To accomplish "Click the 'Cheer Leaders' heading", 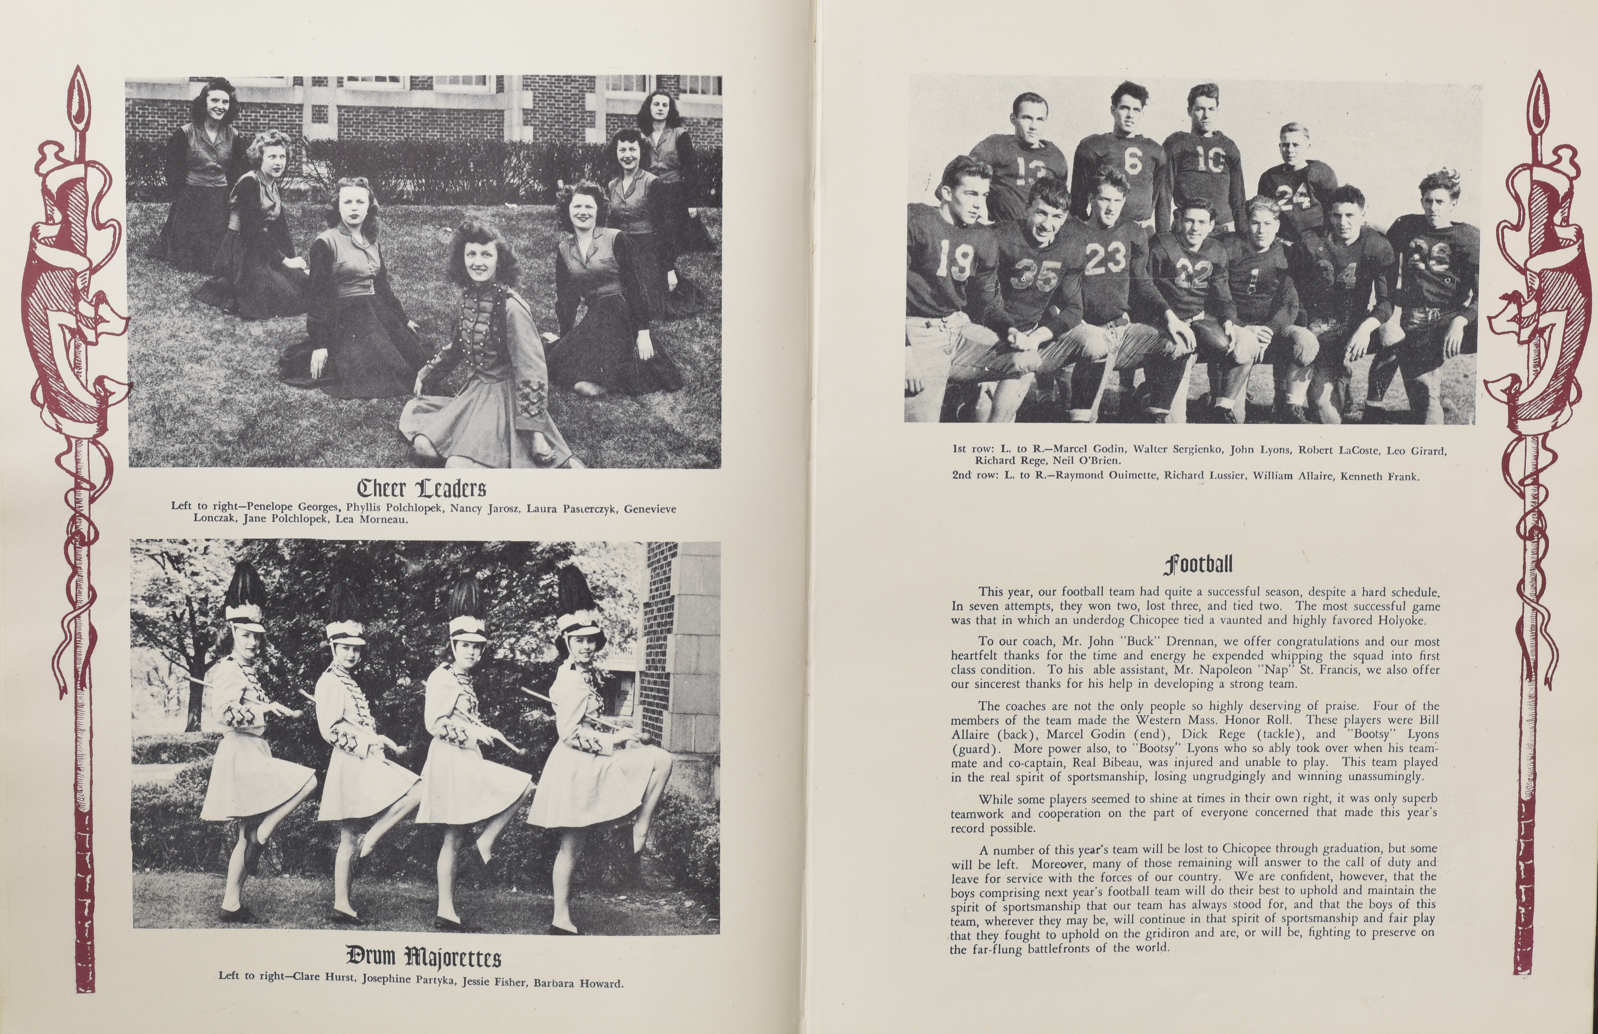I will (x=422, y=488).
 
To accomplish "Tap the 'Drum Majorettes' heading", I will (x=423, y=956).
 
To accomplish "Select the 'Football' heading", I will (x=1198, y=564).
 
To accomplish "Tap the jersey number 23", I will (x=1105, y=258).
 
